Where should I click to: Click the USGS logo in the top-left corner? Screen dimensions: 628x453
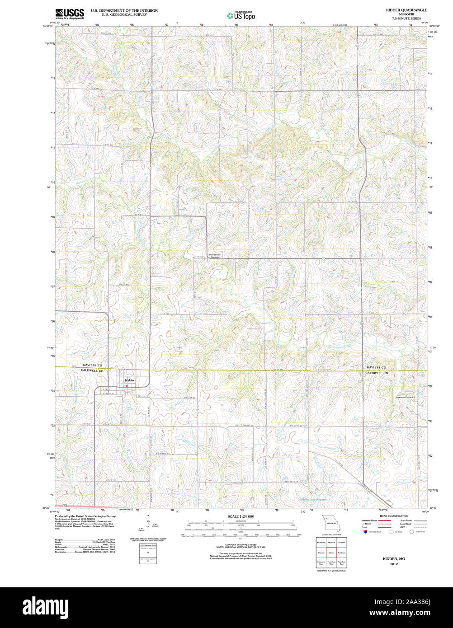tap(69, 14)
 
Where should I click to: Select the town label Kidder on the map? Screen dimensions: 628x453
tap(130, 380)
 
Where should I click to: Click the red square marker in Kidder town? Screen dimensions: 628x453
tap(127, 385)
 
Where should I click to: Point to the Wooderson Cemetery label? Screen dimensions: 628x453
tap(215, 256)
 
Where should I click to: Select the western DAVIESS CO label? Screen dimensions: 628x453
tap(92, 365)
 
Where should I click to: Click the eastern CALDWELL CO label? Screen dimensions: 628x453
tap(377, 373)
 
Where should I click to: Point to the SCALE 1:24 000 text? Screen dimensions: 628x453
tap(241, 516)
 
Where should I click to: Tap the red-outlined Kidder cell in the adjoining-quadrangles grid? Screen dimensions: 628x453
tap(331, 552)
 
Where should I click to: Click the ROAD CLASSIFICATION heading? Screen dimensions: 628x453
tap(394, 516)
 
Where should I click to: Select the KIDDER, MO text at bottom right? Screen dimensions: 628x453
tap(394, 559)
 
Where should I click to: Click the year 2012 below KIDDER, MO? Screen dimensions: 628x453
tap(394, 564)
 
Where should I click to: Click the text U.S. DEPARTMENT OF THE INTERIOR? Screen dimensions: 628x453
tap(124, 10)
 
